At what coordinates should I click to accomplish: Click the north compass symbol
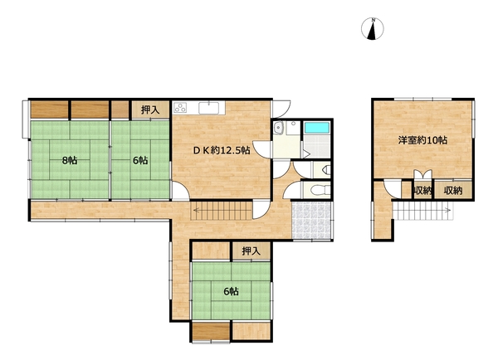tap(372, 29)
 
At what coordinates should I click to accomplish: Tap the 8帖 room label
tap(70, 161)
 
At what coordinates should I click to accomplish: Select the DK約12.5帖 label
tap(222, 150)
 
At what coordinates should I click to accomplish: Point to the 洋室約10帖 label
tap(422, 140)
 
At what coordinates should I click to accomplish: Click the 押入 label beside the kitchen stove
tap(150, 110)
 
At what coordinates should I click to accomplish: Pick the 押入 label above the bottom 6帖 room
tap(251, 251)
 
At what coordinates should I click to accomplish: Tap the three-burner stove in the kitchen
tap(180, 108)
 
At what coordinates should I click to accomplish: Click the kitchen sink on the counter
tap(208, 108)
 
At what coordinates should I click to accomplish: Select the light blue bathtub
tap(316, 128)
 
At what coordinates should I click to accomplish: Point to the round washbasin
tap(279, 128)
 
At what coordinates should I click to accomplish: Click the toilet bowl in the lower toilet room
tap(317, 191)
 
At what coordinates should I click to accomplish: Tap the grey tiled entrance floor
tap(311, 221)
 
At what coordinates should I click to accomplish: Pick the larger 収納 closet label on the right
tap(453, 191)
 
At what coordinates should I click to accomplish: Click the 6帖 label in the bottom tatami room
tap(232, 291)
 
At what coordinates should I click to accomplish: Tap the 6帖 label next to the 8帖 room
tap(140, 161)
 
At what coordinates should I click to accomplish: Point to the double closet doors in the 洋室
tap(422, 174)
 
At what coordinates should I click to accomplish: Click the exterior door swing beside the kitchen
tap(281, 109)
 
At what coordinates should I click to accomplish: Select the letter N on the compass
tap(373, 20)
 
